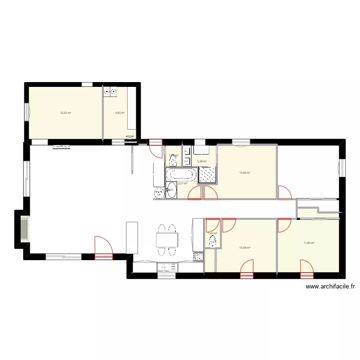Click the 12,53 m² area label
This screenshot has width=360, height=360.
pyautogui.click(x=65, y=113)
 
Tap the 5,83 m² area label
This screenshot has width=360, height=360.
pyautogui.click(x=120, y=113)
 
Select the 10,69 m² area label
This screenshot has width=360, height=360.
pyautogui.click(x=245, y=173)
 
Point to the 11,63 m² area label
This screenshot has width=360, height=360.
pyautogui.click(x=309, y=243)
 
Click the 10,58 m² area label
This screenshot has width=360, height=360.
pyautogui.click(x=245, y=248)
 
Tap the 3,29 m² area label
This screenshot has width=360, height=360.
pyautogui.click(x=202, y=161)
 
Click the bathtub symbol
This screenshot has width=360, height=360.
pyautogui.click(x=181, y=174)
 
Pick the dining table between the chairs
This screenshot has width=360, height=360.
pyautogui.click(x=167, y=239)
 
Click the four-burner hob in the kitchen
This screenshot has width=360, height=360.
pyautogui.click(x=198, y=257)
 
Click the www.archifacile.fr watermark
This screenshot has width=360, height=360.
pyautogui.click(x=330, y=287)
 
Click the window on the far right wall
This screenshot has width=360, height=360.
pyautogui.click(x=342, y=168)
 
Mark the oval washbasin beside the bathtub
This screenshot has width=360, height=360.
pyautogui.click(x=171, y=190)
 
